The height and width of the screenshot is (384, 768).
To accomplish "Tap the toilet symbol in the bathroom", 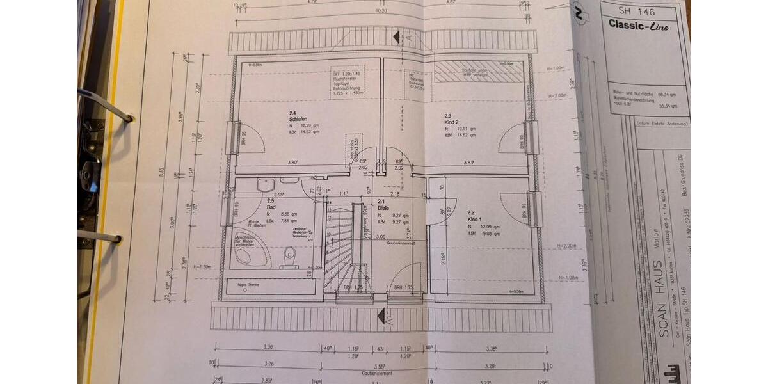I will pos(290,256).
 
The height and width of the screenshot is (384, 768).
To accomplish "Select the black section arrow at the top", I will pos(397,36).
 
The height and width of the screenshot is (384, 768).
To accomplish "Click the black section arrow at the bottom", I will pos(381,316).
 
